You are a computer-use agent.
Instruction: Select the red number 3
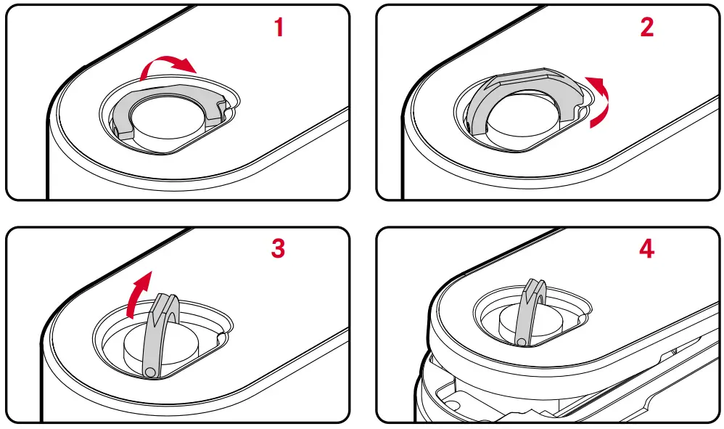click(278, 248)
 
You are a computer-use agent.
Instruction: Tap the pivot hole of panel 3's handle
click(149, 371)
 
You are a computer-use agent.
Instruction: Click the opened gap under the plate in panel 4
click(508, 392)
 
